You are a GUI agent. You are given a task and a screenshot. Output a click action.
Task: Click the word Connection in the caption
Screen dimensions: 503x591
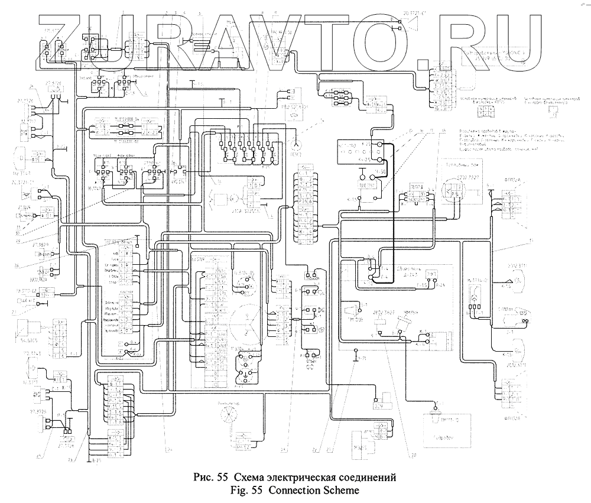304,490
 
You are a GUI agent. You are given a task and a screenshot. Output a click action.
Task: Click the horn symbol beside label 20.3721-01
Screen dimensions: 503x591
409,24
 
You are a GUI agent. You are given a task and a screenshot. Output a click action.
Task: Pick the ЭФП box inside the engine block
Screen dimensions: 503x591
432,272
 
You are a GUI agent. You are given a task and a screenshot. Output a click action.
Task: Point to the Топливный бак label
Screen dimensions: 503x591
460,167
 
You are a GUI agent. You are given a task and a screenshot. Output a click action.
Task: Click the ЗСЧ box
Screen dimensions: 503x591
379,404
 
